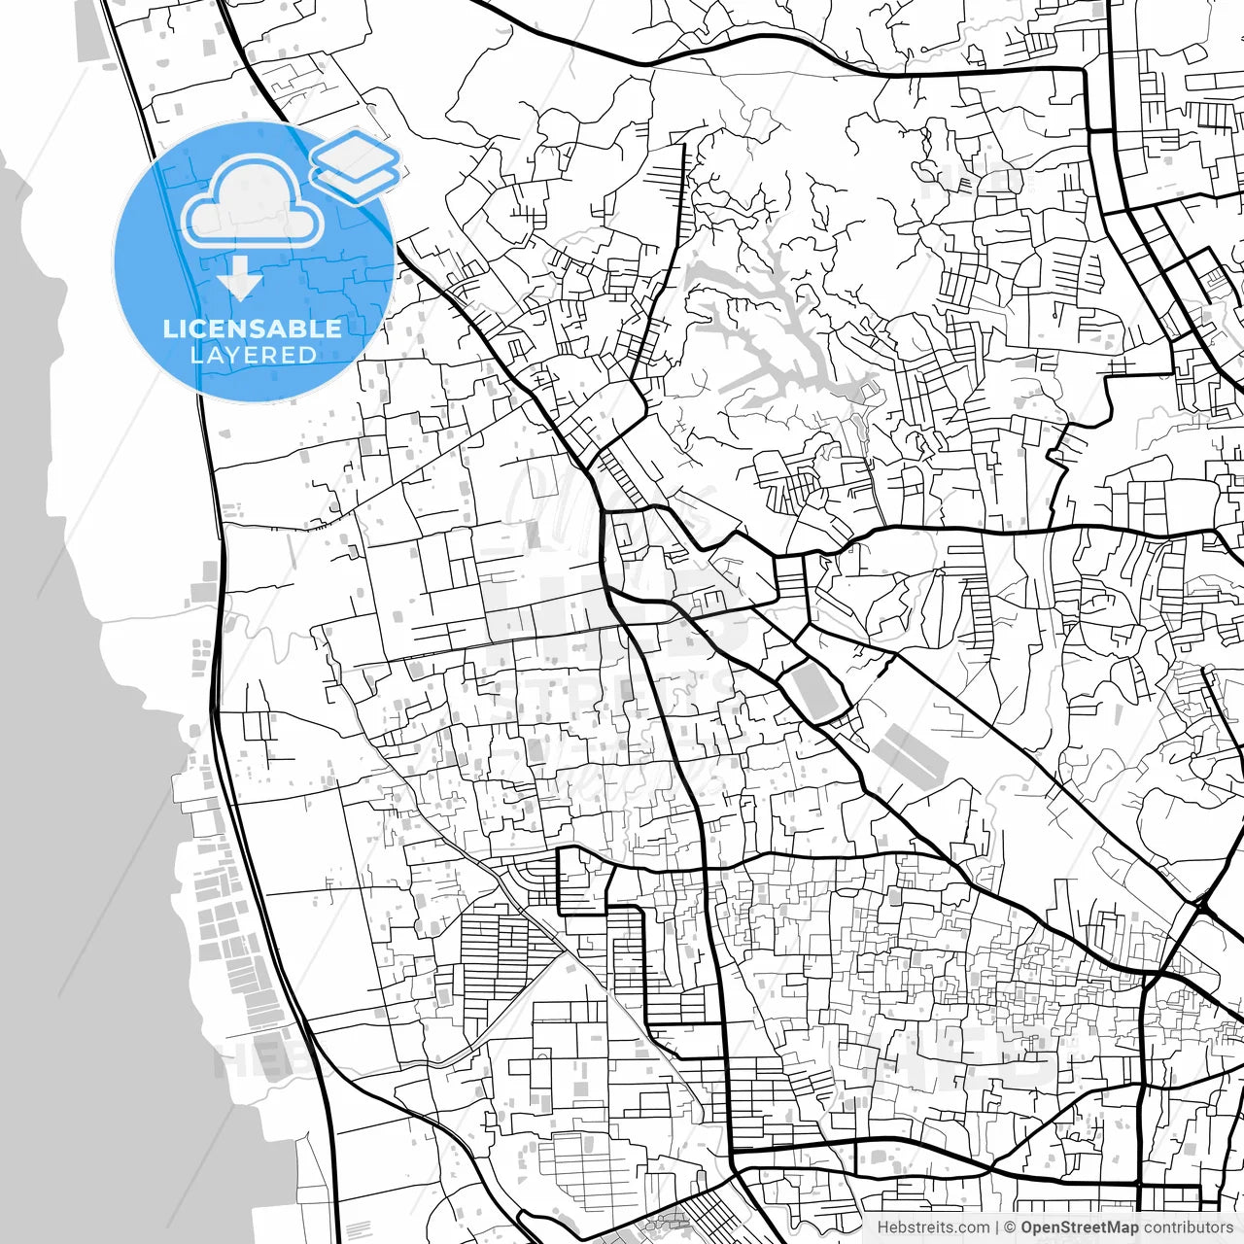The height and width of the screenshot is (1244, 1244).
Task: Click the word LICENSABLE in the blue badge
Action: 253,328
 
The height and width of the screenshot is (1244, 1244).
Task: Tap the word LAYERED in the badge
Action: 253,355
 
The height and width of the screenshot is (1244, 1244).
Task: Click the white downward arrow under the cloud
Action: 240,285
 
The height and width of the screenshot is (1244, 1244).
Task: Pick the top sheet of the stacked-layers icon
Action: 356,154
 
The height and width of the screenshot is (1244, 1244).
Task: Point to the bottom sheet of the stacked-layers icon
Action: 356,182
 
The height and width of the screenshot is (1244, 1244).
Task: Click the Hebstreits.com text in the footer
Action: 933,1227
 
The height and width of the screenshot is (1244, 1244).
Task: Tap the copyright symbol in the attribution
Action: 1010,1227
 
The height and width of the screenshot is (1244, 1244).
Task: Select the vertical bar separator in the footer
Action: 997,1227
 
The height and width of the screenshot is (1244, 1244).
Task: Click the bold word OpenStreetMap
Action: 1080,1227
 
